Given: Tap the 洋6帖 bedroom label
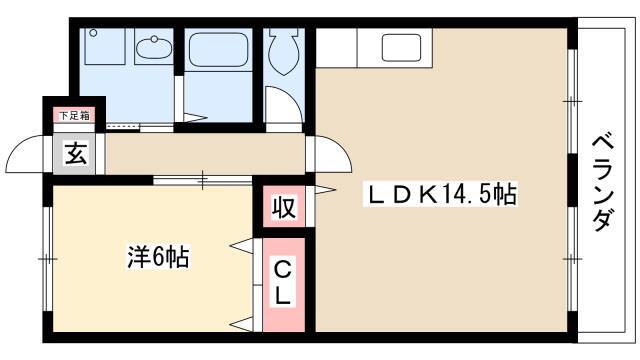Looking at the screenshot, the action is (x=158, y=258).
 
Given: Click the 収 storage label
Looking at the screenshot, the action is (x=284, y=207).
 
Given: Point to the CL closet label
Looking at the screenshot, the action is (x=283, y=284).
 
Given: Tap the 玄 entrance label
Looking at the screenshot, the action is (x=76, y=153).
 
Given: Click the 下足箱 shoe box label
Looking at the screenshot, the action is (x=74, y=116).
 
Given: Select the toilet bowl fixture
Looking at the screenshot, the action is (x=284, y=51).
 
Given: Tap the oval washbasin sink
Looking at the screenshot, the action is (x=154, y=48).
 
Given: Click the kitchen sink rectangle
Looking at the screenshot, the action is (x=401, y=47).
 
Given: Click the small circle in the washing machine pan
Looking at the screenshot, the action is (x=94, y=33).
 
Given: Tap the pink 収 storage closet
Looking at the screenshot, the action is (x=284, y=207).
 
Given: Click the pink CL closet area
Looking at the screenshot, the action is (x=284, y=284).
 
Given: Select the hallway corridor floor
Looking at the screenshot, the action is (x=205, y=153).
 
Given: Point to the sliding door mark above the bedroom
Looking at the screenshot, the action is (x=203, y=180).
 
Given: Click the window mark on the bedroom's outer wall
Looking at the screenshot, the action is (x=48, y=259).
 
